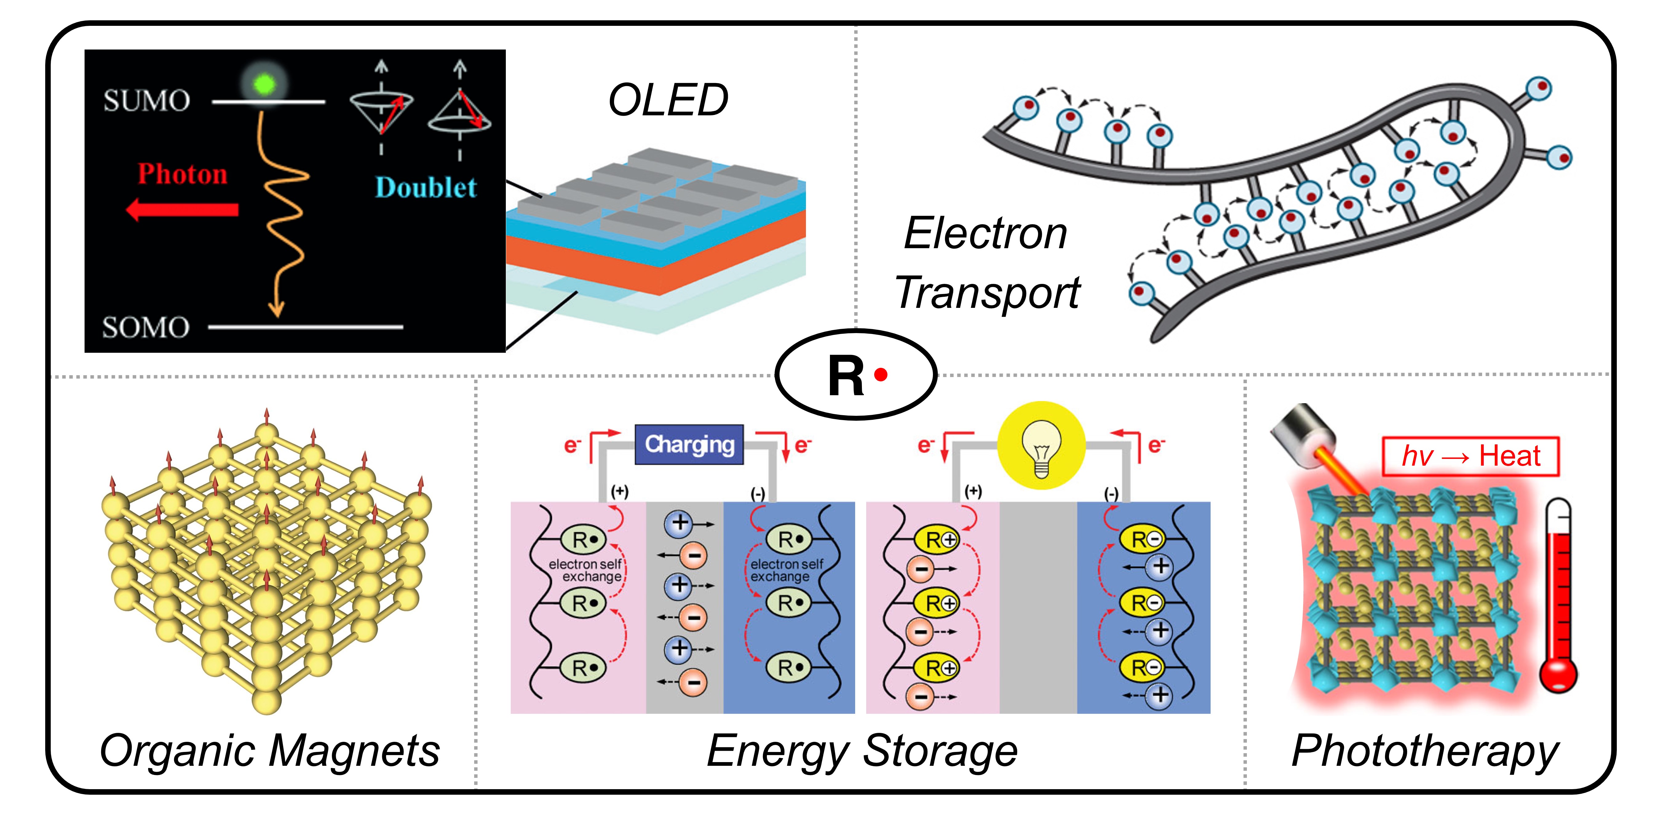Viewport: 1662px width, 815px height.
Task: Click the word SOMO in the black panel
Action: (146, 327)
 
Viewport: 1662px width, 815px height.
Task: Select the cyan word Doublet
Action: (426, 188)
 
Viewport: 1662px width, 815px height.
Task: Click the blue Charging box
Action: (689, 445)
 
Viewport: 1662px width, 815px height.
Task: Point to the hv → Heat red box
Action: (1470, 456)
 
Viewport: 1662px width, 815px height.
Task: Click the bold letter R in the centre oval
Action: (846, 376)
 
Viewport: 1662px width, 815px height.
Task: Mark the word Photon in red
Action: (183, 174)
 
